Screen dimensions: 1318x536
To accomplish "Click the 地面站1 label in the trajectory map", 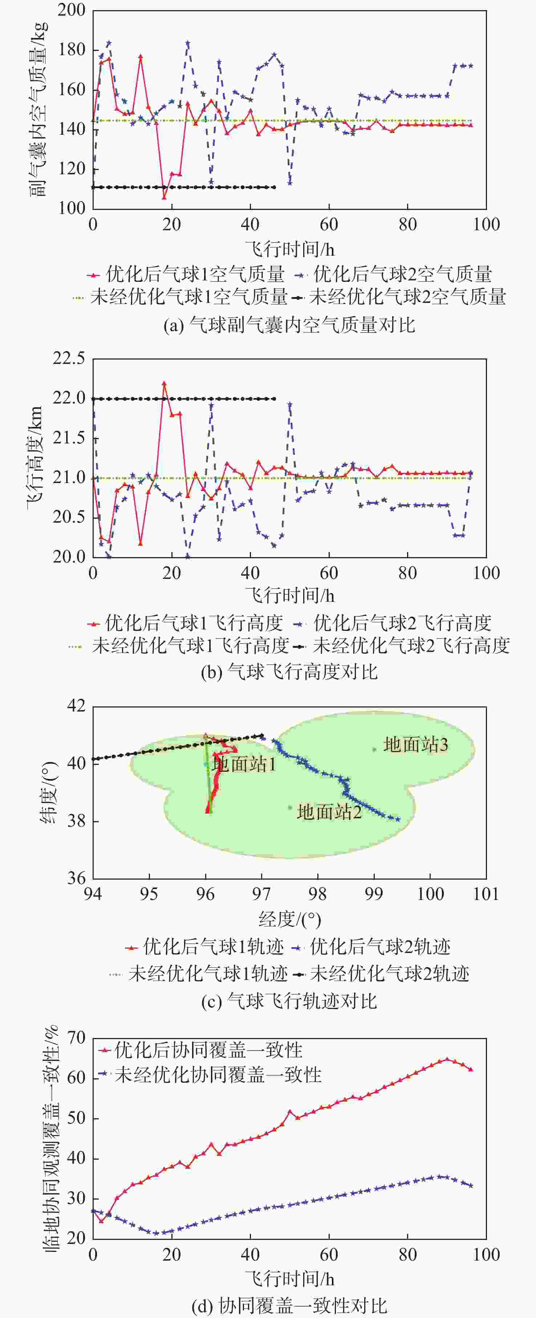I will tap(244, 765).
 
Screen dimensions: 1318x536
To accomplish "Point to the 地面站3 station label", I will tap(415, 745).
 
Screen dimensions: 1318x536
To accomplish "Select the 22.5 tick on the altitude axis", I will tap(69, 359).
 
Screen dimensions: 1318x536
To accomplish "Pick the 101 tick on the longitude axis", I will tap(486, 894).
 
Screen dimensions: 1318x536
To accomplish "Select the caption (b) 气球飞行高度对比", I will tap(289, 671).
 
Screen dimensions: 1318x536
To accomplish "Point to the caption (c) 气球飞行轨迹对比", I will tap(289, 1001).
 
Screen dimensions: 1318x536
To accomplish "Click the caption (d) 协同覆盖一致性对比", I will tap(289, 1306).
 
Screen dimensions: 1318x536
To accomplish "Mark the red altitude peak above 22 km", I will tap(164, 383).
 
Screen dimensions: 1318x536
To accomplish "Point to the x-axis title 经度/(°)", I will tap(289, 920).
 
